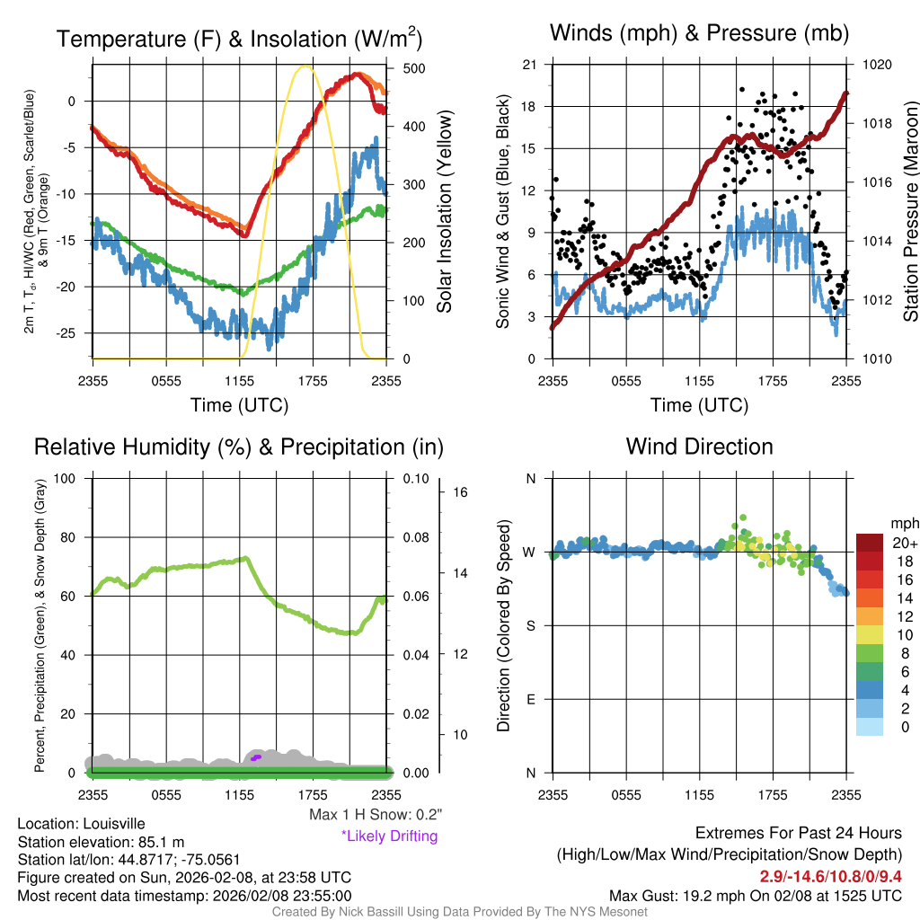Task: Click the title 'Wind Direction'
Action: [699, 447]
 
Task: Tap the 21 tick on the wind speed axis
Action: [530, 65]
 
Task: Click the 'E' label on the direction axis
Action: [531, 699]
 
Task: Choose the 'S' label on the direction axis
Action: [531, 625]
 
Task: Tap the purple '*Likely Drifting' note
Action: [389, 836]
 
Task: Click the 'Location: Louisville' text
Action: [81, 823]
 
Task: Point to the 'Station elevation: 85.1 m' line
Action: [101, 842]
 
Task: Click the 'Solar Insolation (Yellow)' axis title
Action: [445, 211]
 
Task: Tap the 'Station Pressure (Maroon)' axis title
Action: [909, 211]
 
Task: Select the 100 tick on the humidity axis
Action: [71, 479]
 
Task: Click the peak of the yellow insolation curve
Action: [306, 66]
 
